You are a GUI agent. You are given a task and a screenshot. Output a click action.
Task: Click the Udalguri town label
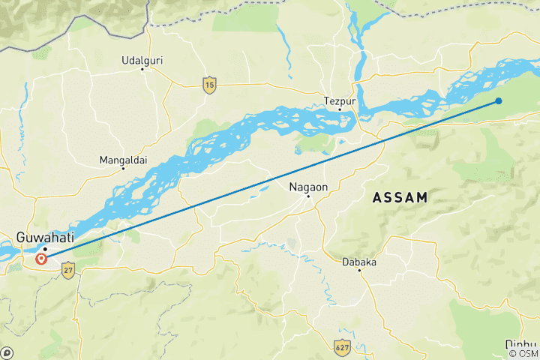(x=142, y=60)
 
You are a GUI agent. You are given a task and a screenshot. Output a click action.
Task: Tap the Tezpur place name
(x=339, y=100)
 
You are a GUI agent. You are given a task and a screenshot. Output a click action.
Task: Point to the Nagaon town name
(x=307, y=186)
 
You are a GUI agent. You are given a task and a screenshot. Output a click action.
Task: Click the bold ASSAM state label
(x=400, y=198)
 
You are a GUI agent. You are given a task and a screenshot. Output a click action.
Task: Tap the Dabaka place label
(x=359, y=262)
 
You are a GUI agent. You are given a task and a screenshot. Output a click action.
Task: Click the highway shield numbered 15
(x=209, y=84)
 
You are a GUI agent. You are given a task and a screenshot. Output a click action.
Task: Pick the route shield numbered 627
(x=342, y=346)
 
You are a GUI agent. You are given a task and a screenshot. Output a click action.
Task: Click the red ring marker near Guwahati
(x=41, y=259)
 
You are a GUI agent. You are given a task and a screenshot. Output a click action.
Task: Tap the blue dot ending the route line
(x=498, y=100)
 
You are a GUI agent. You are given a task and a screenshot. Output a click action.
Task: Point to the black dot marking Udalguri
(x=142, y=70)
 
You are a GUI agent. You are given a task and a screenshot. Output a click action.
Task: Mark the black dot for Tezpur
(x=340, y=109)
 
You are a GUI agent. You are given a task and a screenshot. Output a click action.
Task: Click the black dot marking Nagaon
(x=307, y=196)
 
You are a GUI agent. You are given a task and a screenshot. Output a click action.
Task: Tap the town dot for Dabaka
(x=359, y=271)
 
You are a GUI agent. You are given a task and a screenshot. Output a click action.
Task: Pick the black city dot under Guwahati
(x=45, y=248)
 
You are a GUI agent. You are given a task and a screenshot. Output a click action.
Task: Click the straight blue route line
(x=270, y=180)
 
